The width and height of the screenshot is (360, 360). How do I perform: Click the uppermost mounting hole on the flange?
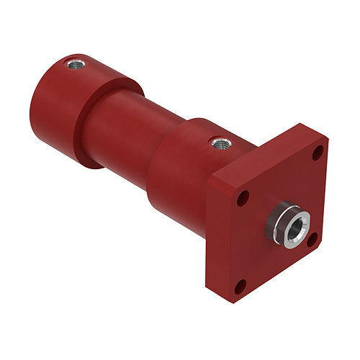click(x=316, y=153)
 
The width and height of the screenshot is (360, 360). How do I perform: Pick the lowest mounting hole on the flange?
click(x=243, y=282)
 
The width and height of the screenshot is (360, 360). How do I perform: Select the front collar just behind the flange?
click(x=180, y=173)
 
